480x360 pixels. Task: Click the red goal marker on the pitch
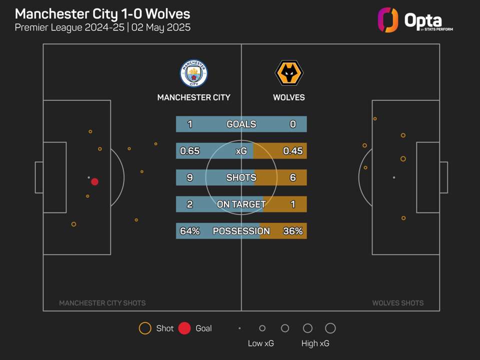[x=94, y=182]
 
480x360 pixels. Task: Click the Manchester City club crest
[x=194, y=73]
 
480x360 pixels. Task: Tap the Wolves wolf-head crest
[x=289, y=73]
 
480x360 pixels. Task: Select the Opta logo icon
[x=388, y=20]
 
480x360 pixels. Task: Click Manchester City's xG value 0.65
[x=189, y=151]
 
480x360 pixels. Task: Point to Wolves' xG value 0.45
[x=293, y=151]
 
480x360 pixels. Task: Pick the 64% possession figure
[x=189, y=231]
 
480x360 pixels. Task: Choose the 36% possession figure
[x=293, y=231]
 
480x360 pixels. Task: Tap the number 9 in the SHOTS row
[x=190, y=177]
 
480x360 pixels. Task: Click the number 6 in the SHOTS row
[x=293, y=177]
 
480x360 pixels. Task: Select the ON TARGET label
[x=241, y=204]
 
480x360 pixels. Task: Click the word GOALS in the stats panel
[x=241, y=124]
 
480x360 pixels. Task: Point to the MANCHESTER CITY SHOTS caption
[x=102, y=303]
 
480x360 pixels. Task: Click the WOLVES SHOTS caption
[x=398, y=303]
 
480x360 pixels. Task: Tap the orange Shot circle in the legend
[x=145, y=328]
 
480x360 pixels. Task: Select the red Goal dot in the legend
[x=184, y=328]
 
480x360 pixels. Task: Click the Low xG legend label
[x=261, y=343]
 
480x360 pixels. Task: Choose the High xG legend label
[x=315, y=343]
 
